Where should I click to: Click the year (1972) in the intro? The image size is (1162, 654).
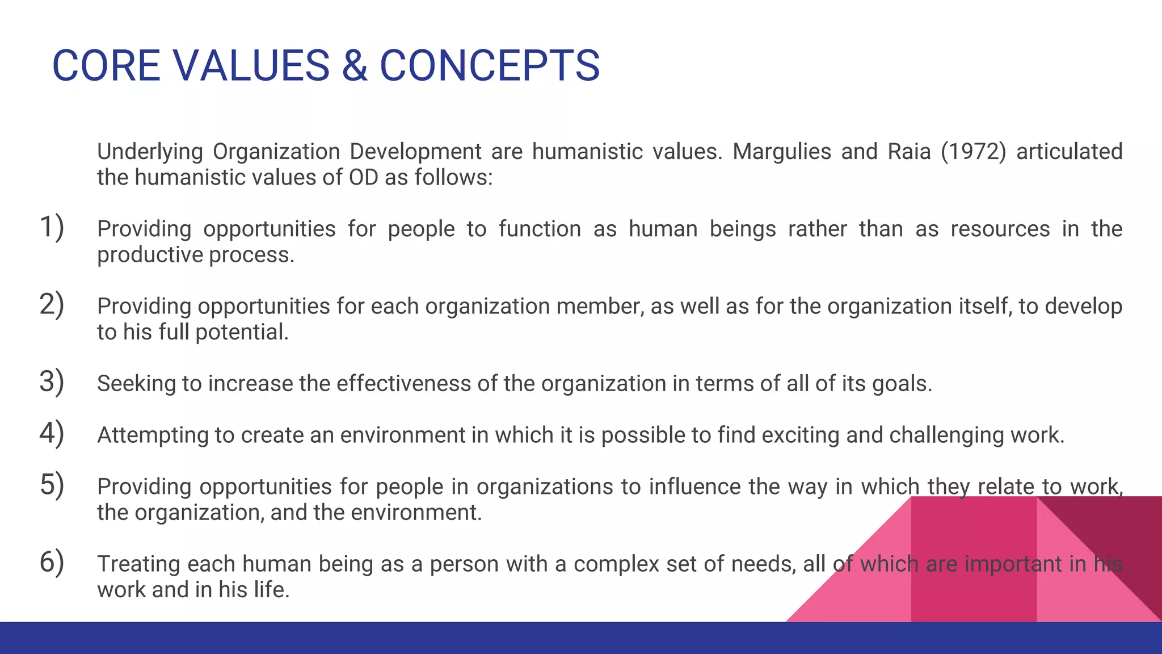tap(973, 152)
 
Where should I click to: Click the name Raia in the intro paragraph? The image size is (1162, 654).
tap(909, 152)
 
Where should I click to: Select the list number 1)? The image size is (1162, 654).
tap(52, 227)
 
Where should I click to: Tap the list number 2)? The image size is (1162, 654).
tap(52, 304)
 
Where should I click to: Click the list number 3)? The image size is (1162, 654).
tap(52, 381)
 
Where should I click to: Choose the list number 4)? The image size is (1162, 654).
tap(52, 433)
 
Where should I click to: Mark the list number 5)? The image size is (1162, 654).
tap(52, 485)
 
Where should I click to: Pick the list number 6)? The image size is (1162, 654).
tap(52, 562)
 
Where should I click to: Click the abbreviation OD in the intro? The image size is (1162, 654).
tap(363, 178)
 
